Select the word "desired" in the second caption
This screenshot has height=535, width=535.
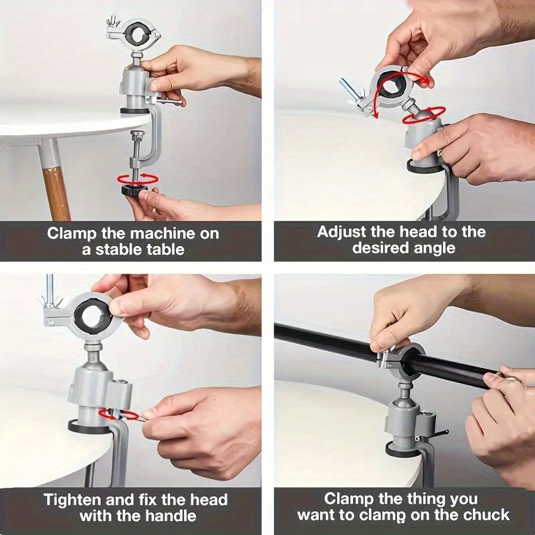click(x=381, y=247)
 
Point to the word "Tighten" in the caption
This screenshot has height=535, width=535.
click(x=73, y=500)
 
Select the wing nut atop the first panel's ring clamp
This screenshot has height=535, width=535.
click(x=112, y=21)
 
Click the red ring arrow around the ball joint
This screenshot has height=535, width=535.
click(x=424, y=115)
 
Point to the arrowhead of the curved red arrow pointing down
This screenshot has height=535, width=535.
click(x=376, y=114)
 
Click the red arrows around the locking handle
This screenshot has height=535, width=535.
click(x=118, y=414)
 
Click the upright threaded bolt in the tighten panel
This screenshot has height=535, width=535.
click(x=49, y=290)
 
